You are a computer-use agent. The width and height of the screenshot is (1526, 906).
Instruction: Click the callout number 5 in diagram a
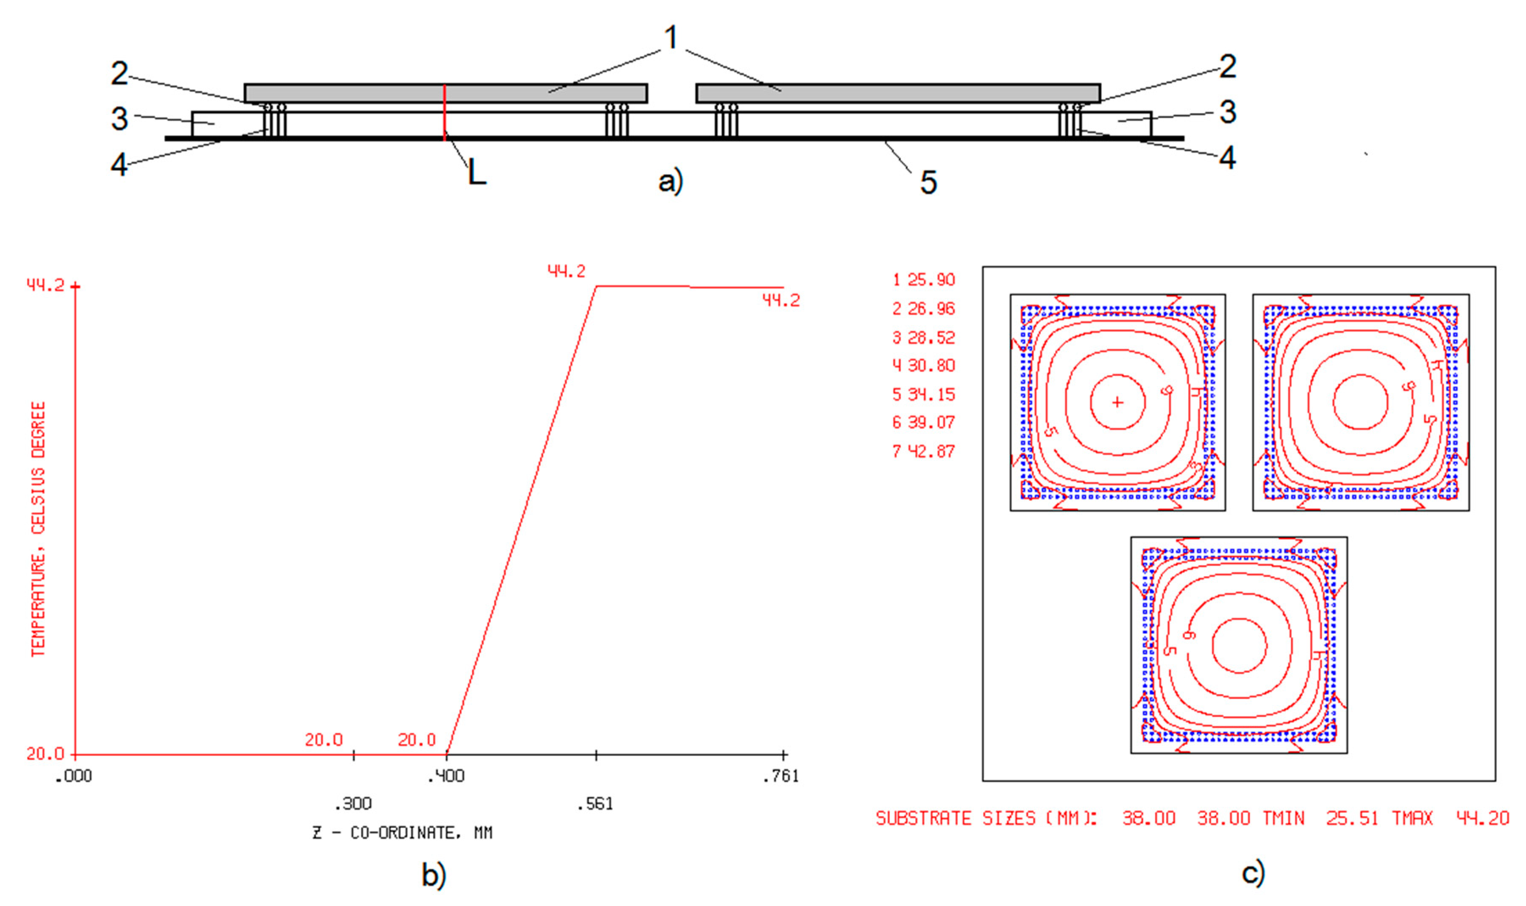[x=928, y=182]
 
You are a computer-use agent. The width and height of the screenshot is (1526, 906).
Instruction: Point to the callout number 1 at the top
[x=671, y=37]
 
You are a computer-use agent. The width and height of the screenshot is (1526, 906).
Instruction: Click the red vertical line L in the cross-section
[x=445, y=113]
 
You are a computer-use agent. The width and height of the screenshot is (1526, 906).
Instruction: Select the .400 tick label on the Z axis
[x=446, y=776]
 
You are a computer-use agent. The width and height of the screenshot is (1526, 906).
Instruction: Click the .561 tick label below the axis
[x=595, y=803]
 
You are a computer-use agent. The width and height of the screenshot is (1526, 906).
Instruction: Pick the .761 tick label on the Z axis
[x=781, y=776]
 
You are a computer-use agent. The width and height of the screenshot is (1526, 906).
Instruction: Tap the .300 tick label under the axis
[x=353, y=803]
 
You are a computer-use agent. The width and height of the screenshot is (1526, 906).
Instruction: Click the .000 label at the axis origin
[x=74, y=776]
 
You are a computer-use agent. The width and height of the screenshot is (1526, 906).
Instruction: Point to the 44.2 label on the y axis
[x=45, y=285]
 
